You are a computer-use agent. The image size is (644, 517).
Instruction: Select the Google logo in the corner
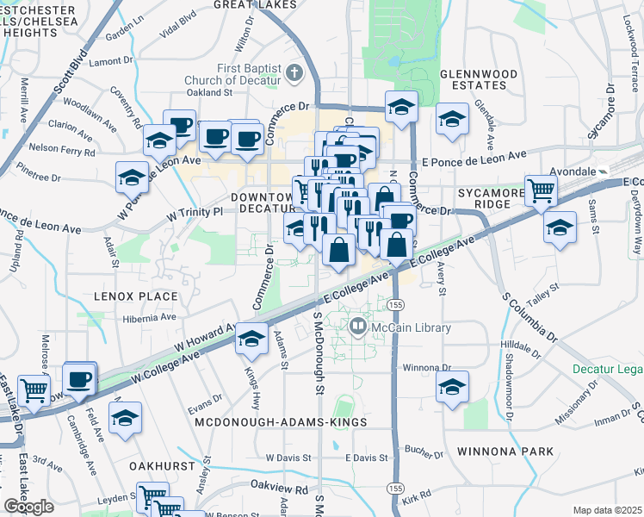click(x=28, y=506)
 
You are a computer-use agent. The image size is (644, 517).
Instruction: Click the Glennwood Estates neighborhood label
click(x=473, y=79)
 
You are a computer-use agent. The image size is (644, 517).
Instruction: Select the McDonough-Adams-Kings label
click(x=281, y=423)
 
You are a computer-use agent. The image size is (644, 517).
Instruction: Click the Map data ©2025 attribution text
click(x=607, y=510)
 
